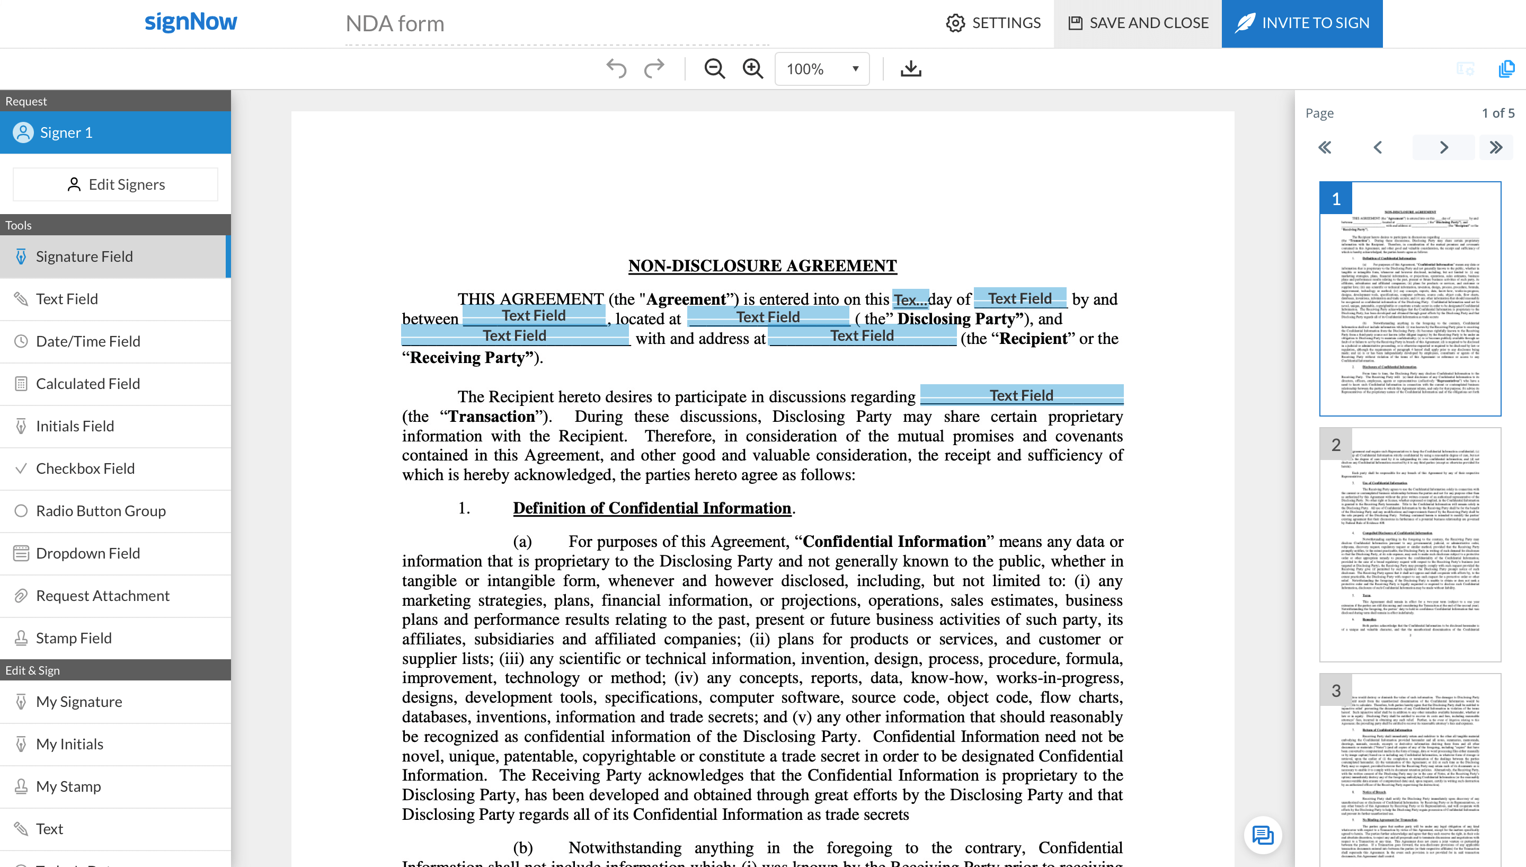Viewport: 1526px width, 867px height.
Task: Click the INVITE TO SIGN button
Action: (1302, 23)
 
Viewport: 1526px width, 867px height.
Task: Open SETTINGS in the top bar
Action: (993, 23)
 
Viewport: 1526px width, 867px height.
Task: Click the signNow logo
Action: (190, 22)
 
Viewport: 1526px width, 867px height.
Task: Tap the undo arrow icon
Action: (616, 69)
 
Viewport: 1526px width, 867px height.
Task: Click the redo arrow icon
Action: (654, 69)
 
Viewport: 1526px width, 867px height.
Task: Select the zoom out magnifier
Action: (714, 69)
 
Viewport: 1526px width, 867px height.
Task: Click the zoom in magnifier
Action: (753, 69)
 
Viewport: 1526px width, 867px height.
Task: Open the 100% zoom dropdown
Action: (822, 69)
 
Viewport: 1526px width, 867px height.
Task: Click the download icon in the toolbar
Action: (911, 69)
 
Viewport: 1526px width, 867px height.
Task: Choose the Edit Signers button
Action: (116, 184)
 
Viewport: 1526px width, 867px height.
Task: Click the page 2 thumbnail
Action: (1409, 544)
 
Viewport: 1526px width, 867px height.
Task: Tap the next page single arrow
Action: (1443, 148)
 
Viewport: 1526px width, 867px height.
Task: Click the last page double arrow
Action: (1496, 148)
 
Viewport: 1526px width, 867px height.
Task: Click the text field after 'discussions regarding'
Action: (1021, 395)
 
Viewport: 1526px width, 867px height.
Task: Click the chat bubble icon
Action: (1262, 835)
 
